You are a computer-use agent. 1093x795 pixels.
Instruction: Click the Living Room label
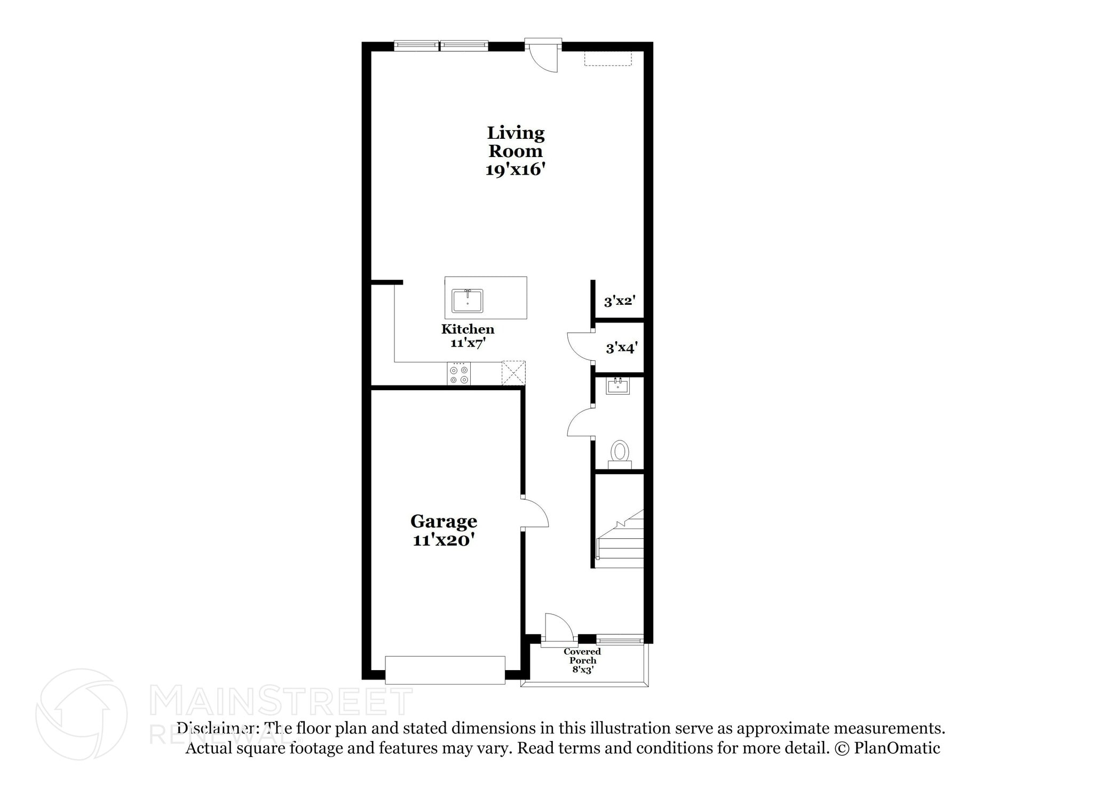(516, 141)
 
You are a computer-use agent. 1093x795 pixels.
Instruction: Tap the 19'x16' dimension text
(516, 170)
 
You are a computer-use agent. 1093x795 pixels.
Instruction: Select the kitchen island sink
(468, 301)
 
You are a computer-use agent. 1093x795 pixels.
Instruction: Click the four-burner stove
(459, 374)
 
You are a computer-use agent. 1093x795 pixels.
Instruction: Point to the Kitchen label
(468, 329)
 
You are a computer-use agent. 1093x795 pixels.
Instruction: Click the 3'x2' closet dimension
(619, 301)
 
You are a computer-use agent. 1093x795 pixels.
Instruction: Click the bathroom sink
(618, 385)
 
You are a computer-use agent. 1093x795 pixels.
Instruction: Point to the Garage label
(443, 521)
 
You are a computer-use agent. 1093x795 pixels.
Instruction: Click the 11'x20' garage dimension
(443, 540)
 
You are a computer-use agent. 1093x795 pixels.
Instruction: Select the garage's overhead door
(445, 670)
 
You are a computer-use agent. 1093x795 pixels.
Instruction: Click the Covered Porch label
(582, 656)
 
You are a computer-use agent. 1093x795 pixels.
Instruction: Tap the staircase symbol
(621, 539)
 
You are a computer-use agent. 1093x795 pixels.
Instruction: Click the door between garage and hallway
(534, 513)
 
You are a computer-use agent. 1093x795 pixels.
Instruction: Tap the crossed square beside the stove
(513, 373)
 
